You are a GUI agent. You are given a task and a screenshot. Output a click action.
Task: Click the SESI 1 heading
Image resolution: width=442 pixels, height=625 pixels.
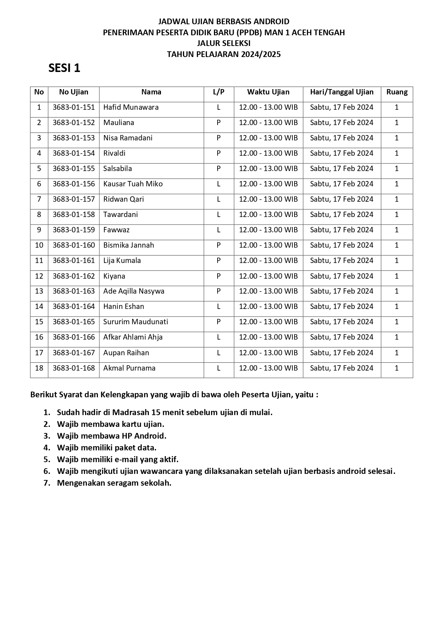64,68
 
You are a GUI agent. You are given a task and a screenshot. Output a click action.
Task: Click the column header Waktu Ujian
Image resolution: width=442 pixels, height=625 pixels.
268,92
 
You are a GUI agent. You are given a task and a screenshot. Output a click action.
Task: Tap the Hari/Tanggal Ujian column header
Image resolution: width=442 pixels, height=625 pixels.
342,92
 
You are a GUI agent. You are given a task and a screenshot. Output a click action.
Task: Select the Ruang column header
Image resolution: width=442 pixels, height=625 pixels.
397,92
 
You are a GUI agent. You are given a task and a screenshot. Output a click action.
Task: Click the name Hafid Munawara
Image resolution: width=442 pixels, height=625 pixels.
131,107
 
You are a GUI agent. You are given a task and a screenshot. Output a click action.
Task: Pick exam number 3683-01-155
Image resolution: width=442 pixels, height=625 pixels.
74,169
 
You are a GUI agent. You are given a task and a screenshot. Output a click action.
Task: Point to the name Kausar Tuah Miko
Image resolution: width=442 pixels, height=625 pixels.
133,184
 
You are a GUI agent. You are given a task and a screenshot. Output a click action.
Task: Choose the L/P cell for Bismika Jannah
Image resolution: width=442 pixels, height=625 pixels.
219,245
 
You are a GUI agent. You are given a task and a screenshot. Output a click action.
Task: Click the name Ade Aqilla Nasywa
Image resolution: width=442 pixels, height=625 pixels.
134,291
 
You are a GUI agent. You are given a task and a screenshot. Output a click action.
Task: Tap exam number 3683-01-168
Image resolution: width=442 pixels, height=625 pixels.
74,368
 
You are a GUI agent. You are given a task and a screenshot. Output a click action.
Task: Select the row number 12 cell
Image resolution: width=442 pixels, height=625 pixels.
39,276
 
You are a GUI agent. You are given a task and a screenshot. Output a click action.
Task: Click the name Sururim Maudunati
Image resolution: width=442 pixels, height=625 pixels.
135,322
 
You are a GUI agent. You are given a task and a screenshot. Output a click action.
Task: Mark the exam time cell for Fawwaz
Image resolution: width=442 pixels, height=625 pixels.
268,230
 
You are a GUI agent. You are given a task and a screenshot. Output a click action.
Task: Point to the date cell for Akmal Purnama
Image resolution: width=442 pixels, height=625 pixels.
342,368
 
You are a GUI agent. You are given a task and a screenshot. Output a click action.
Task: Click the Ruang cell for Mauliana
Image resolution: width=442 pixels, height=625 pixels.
397,123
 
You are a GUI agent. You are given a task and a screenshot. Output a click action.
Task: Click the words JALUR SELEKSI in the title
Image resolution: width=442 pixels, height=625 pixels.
224,43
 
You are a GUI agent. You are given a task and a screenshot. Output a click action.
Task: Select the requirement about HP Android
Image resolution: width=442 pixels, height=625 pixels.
111,436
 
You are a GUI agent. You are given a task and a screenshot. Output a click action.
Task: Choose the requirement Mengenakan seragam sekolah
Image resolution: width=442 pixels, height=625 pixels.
114,483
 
